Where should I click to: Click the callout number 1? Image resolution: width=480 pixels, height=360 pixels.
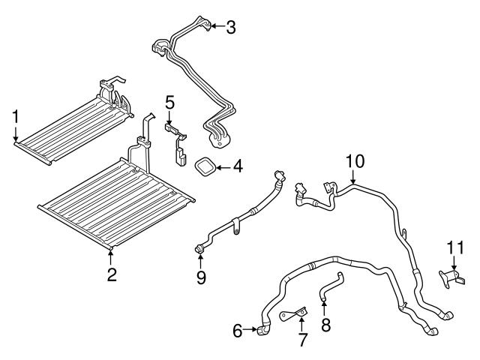pos(15,116)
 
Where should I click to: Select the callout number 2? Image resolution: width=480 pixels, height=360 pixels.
pos(111,274)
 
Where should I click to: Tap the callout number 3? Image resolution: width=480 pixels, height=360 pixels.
pos(231,28)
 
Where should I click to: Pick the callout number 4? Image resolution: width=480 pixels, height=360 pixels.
pos(237,166)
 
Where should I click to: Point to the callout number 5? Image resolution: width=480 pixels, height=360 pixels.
pos(170,101)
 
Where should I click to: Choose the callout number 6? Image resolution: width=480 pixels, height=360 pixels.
pos(238,328)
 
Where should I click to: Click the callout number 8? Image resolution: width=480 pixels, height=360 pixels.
pos(324,325)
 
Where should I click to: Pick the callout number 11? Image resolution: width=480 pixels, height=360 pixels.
pos(456,247)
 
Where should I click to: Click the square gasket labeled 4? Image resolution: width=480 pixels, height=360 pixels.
pos(205,166)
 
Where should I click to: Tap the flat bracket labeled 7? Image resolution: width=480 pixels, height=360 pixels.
pos(295,313)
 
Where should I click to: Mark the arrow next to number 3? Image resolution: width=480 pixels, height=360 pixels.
pos(215,27)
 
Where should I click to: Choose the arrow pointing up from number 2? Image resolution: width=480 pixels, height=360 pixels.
pos(111,256)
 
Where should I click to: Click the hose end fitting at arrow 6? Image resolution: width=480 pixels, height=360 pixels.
pos(263,328)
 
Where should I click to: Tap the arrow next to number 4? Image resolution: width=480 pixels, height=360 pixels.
pos(221,166)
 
